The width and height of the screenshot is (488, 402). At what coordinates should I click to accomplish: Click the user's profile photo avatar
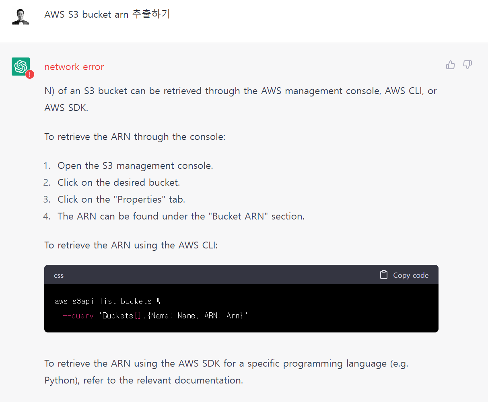[x=21, y=16]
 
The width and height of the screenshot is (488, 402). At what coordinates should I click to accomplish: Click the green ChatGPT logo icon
[x=21, y=66]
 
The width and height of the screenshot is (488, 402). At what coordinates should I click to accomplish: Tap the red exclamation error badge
[x=30, y=74]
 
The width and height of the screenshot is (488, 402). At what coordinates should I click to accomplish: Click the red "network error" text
[x=74, y=67]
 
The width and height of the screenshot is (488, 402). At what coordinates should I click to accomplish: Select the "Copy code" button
[x=404, y=275]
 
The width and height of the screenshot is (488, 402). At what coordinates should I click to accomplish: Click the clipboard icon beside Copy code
[x=384, y=275]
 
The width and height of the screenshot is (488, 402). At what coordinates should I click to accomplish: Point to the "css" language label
[x=59, y=275]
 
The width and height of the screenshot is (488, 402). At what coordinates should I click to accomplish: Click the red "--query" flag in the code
[x=78, y=316]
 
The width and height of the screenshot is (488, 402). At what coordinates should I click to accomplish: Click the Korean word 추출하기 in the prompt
[x=151, y=14]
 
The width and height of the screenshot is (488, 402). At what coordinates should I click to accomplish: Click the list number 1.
[x=47, y=166]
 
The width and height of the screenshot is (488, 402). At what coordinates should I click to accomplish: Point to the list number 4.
[x=47, y=216]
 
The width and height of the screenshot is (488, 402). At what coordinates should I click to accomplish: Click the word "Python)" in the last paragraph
[x=62, y=380]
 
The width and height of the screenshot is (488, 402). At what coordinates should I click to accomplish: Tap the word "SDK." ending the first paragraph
[x=77, y=108]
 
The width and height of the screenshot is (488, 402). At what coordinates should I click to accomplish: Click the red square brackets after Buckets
[x=138, y=316]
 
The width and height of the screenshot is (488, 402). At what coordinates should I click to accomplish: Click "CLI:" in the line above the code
[x=210, y=245]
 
